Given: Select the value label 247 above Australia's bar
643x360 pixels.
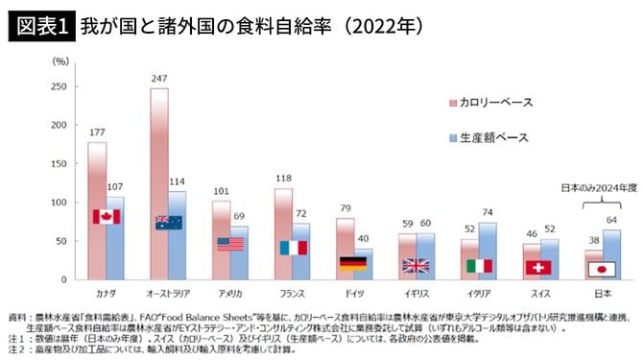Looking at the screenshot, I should [159, 77].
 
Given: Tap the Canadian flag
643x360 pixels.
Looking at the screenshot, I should [105, 217].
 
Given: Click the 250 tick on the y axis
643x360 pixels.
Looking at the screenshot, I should [60, 86].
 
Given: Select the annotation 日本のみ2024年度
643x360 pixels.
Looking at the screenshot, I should [596, 190].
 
